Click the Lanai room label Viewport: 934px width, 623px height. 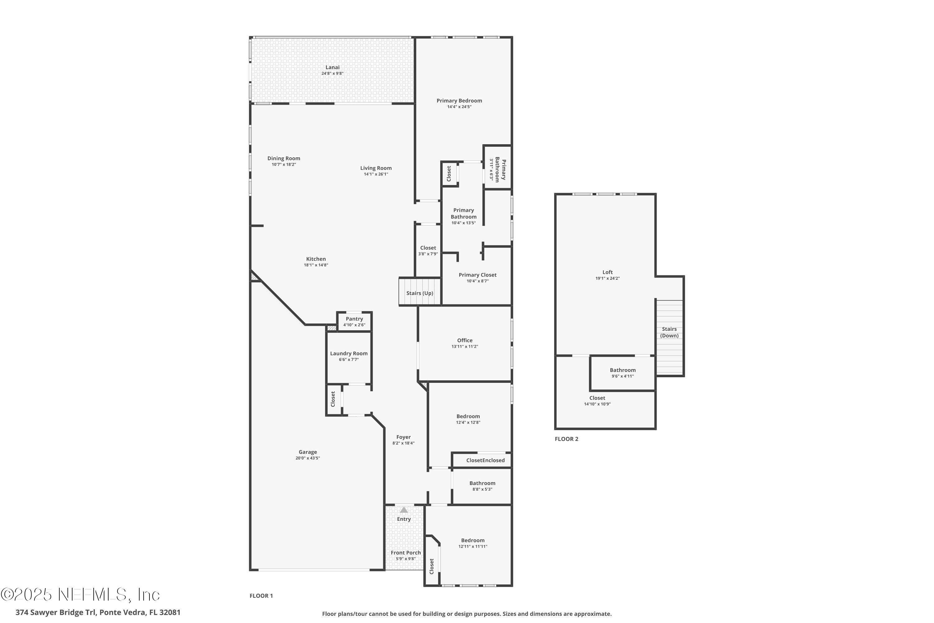[x=333, y=68]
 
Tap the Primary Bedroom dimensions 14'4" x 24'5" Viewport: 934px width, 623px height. [x=459, y=107]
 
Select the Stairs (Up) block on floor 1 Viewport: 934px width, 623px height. [x=420, y=293]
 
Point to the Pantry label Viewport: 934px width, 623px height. [x=354, y=319]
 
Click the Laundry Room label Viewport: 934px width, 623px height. [x=349, y=353]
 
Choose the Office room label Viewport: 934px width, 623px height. [x=465, y=340]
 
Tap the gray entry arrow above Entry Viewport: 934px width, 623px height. [x=404, y=510]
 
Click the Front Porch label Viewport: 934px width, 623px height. [x=405, y=553]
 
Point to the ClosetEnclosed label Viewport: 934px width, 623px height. [x=485, y=460]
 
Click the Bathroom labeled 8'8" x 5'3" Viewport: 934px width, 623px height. [x=482, y=483]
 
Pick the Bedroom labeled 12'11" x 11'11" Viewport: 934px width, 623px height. [x=473, y=540]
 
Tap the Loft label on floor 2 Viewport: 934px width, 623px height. [x=607, y=272]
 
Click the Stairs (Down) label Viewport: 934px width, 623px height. [x=669, y=332]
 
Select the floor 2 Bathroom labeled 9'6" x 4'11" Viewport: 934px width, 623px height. [x=623, y=370]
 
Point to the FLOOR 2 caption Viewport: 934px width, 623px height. [x=566, y=439]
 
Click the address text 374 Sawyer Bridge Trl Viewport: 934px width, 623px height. [x=56, y=612]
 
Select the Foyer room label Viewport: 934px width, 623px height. [x=403, y=437]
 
